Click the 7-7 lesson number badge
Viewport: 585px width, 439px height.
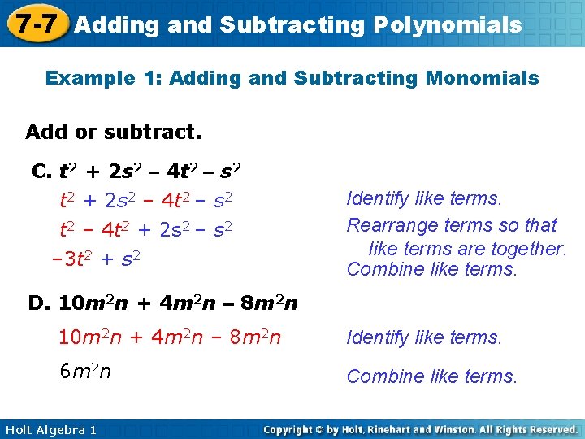pos(33,24)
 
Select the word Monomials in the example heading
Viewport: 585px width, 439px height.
pos(491,78)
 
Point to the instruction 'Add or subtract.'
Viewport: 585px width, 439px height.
pos(114,131)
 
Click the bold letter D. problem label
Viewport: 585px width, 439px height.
pos(40,304)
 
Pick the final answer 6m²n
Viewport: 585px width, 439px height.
pos(86,372)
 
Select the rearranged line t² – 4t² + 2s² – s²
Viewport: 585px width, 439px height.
pos(146,230)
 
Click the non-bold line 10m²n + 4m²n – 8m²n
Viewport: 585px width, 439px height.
pos(170,337)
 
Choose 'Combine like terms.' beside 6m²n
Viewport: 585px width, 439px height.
pos(431,376)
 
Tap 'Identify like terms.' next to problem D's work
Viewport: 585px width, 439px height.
pos(425,337)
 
